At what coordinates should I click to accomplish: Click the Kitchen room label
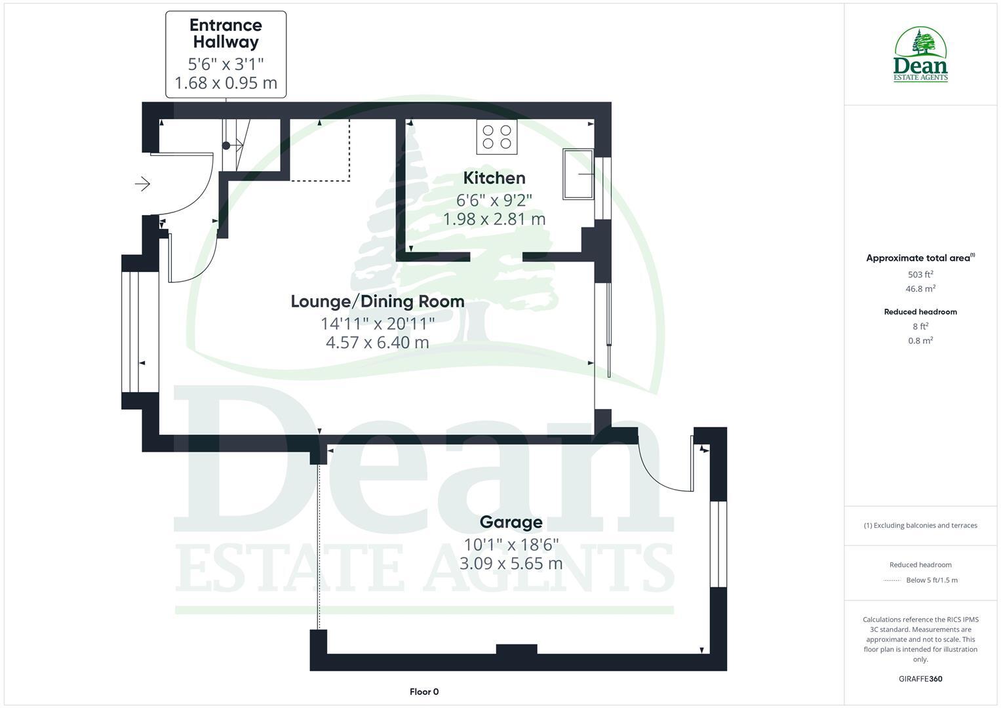[494, 178]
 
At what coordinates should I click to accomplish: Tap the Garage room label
[511, 522]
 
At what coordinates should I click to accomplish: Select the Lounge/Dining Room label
[377, 301]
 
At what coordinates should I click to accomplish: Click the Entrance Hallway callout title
[226, 33]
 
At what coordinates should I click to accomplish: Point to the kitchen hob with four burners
[496, 136]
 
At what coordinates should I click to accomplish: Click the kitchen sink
[578, 174]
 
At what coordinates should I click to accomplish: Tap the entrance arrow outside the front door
[142, 184]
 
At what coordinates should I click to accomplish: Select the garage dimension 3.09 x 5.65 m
[511, 563]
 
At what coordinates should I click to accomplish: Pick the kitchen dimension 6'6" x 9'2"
[494, 200]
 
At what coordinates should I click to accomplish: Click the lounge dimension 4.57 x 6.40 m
[377, 342]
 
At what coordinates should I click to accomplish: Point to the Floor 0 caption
[424, 692]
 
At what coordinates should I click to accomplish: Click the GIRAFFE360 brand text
[920, 678]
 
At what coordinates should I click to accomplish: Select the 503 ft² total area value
[920, 275]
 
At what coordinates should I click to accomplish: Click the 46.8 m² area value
[920, 288]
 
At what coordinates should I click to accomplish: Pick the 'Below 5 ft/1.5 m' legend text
[932, 580]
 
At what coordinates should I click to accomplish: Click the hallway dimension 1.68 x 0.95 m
[226, 83]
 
